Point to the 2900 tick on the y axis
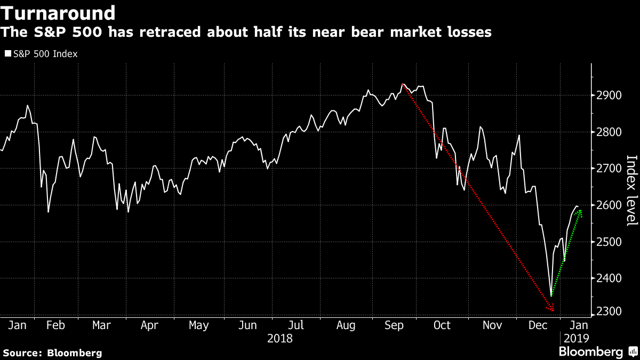click(607, 95)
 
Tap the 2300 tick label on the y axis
click(607, 311)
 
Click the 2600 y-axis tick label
click(607, 205)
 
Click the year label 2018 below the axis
click(280, 338)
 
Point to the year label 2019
click(575, 338)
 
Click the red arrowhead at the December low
click(551, 308)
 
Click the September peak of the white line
click(403, 84)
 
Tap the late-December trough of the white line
click(551, 295)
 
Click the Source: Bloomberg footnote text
click(52, 353)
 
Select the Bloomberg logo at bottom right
click(597, 352)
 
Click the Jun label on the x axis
click(247, 325)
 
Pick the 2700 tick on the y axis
click(607, 169)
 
